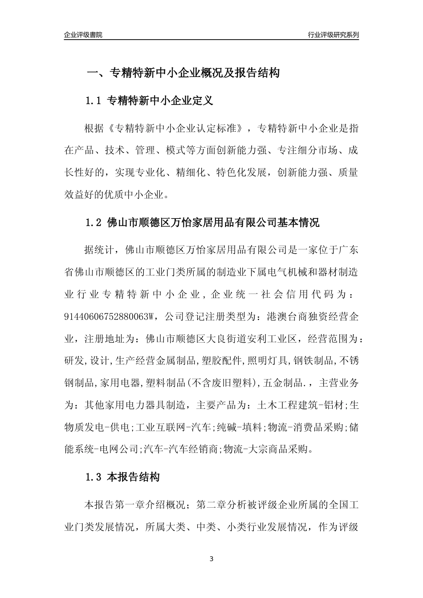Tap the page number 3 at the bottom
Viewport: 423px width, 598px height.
point(211,559)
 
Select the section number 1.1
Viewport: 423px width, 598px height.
point(94,101)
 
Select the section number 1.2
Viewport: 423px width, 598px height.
point(94,222)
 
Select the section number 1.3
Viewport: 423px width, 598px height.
point(94,477)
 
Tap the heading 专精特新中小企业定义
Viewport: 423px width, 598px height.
point(160,101)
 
